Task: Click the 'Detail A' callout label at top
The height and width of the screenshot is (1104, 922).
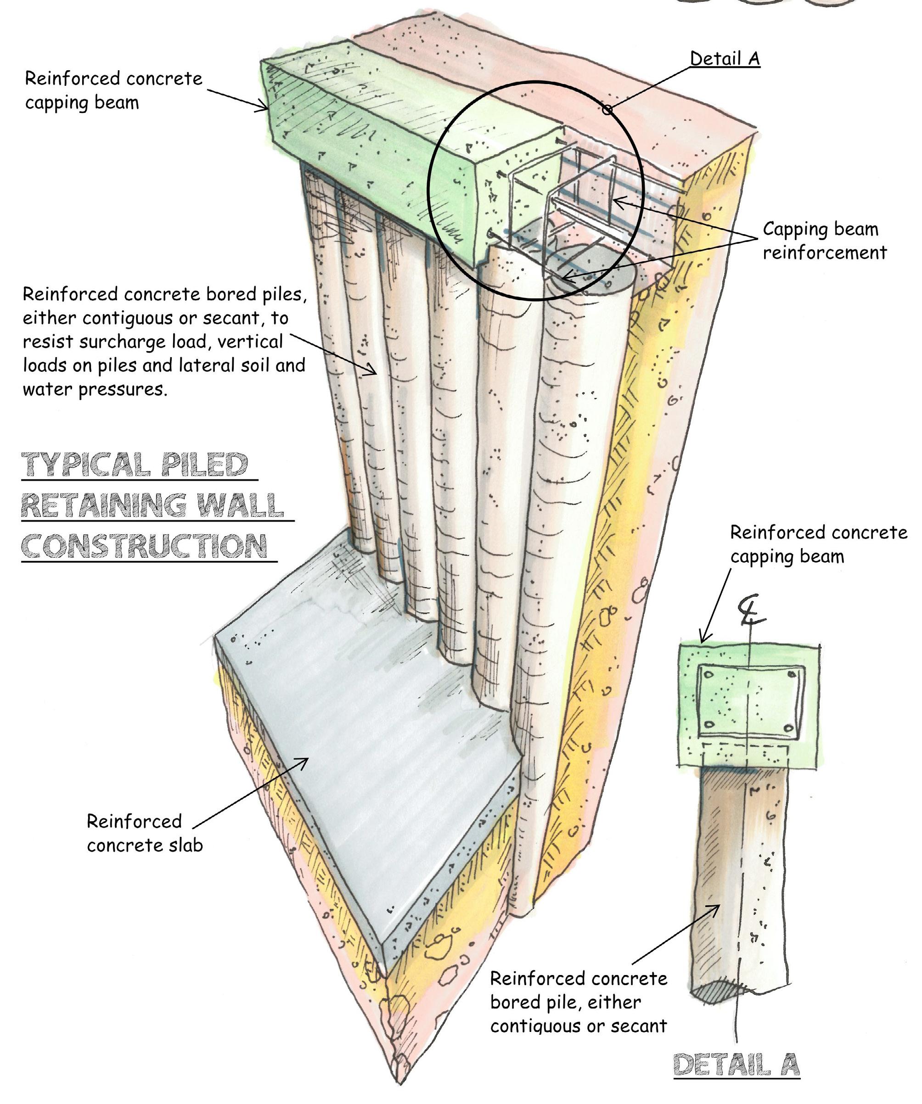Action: pos(725,59)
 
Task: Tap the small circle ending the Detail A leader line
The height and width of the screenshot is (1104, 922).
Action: pos(607,110)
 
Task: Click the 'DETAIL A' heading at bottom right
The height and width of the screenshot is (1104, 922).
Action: pos(736,1065)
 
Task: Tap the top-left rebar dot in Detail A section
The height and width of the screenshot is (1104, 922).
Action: pos(708,674)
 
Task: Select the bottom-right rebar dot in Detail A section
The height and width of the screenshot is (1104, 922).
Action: pos(788,728)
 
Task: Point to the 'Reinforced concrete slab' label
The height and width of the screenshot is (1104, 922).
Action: pos(144,833)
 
